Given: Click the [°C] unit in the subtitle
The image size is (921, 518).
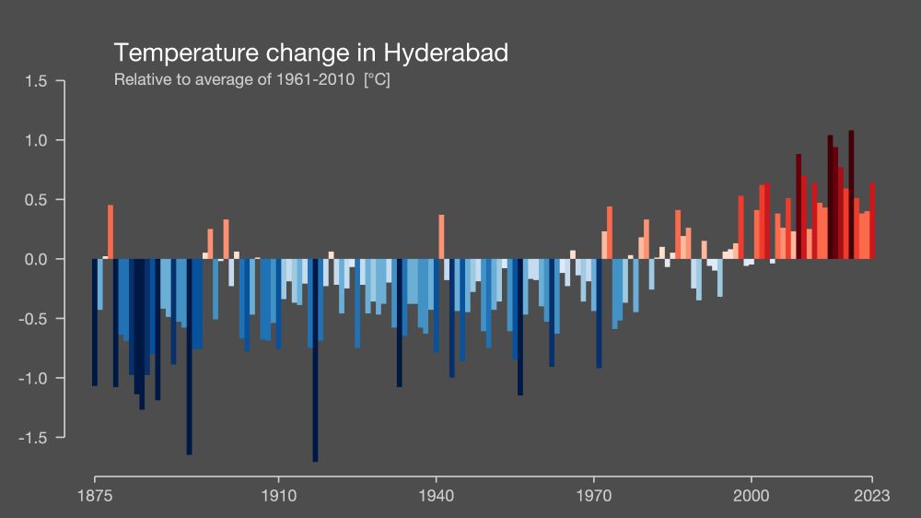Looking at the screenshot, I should pyautogui.click(x=378, y=79).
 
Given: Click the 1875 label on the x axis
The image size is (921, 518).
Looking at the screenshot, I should pyautogui.click(x=95, y=496).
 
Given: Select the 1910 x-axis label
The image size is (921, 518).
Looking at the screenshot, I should pyautogui.click(x=278, y=496).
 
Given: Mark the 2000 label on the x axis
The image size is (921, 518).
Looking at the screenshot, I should pyautogui.click(x=752, y=496).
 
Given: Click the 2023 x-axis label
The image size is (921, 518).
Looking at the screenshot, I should pyautogui.click(x=871, y=496).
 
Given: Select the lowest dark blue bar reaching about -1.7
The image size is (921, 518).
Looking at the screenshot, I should pyautogui.click(x=315, y=369).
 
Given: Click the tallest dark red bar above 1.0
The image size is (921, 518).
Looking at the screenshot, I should pyautogui.click(x=851, y=194).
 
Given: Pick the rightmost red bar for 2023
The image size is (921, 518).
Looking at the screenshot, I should pyautogui.click(x=872, y=221).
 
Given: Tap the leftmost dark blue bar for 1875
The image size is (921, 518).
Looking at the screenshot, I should pyautogui.click(x=95, y=323).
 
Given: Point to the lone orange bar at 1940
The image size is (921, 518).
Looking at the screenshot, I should pyautogui.click(x=441, y=237).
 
